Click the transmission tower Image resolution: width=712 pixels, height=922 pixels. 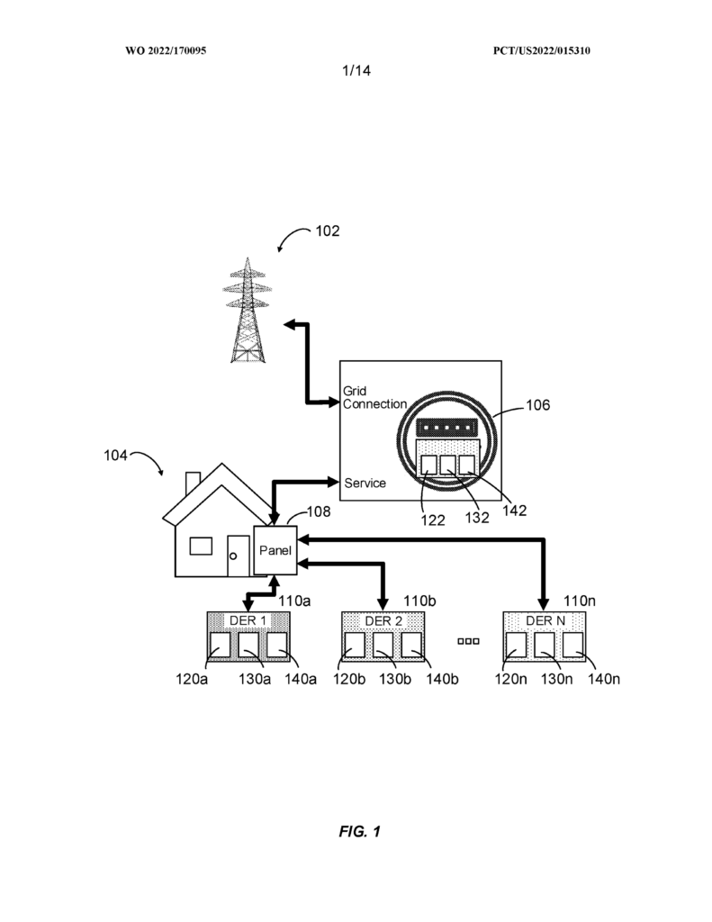pyautogui.click(x=248, y=310)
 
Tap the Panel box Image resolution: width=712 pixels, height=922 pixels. pyautogui.click(x=275, y=550)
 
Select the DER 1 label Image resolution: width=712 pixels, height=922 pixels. pyautogui.click(x=248, y=620)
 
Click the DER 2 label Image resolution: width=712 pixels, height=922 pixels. pyautogui.click(x=383, y=621)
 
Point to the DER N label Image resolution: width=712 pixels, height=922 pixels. pyautogui.click(x=545, y=621)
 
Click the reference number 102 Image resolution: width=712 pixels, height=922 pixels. pyautogui.click(x=328, y=231)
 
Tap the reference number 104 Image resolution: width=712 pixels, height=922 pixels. pyautogui.click(x=115, y=455)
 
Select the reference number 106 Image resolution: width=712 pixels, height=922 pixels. pyautogui.click(x=537, y=405)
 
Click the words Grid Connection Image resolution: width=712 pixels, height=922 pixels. pyautogui.click(x=374, y=397)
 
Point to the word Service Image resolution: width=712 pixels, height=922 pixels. pyautogui.click(x=365, y=483)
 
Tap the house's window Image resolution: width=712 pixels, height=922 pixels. pyautogui.click(x=201, y=546)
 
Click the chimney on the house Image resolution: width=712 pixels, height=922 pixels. pyautogui.click(x=193, y=484)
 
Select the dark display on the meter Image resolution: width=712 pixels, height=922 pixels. pyautogui.click(x=446, y=428)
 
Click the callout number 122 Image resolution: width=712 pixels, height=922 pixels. pyautogui.click(x=433, y=520)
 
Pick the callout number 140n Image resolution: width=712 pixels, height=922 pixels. pyautogui.click(x=604, y=679)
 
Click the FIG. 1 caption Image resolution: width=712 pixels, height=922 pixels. pyautogui.click(x=359, y=831)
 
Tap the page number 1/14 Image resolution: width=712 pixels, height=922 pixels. pyautogui.click(x=356, y=70)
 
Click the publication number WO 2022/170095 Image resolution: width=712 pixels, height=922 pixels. pyautogui.click(x=166, y=50)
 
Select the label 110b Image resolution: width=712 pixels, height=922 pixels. pyautogui.click(x=419, y=601)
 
